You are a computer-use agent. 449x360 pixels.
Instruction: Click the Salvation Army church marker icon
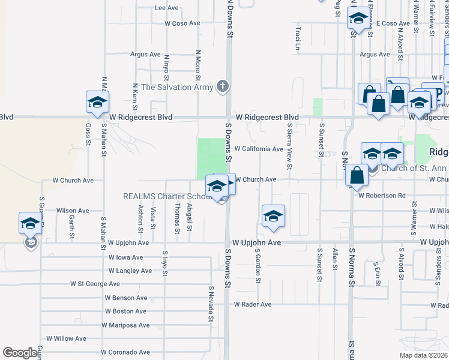pos(223,86)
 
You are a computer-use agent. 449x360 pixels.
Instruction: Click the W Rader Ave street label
pos(253,304)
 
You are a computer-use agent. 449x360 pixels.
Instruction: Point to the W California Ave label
pos(258,149)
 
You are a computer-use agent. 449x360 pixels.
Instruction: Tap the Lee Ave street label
pos(167,8)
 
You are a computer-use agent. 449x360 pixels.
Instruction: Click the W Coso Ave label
pos(182,23)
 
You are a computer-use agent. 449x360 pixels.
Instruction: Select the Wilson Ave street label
pos(73,211)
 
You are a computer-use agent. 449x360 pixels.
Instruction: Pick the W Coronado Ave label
pos(125,352)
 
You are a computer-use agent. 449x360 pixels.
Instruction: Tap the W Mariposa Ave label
pos(125,325)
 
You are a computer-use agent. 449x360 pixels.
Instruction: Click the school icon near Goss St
pos(97,102)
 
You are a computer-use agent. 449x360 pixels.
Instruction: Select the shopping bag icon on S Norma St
pos(357,175)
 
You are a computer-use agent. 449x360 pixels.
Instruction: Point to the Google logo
pos(20,353)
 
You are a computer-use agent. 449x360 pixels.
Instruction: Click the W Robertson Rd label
pos(382,195)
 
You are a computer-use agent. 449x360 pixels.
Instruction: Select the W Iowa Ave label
pos(125,257)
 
